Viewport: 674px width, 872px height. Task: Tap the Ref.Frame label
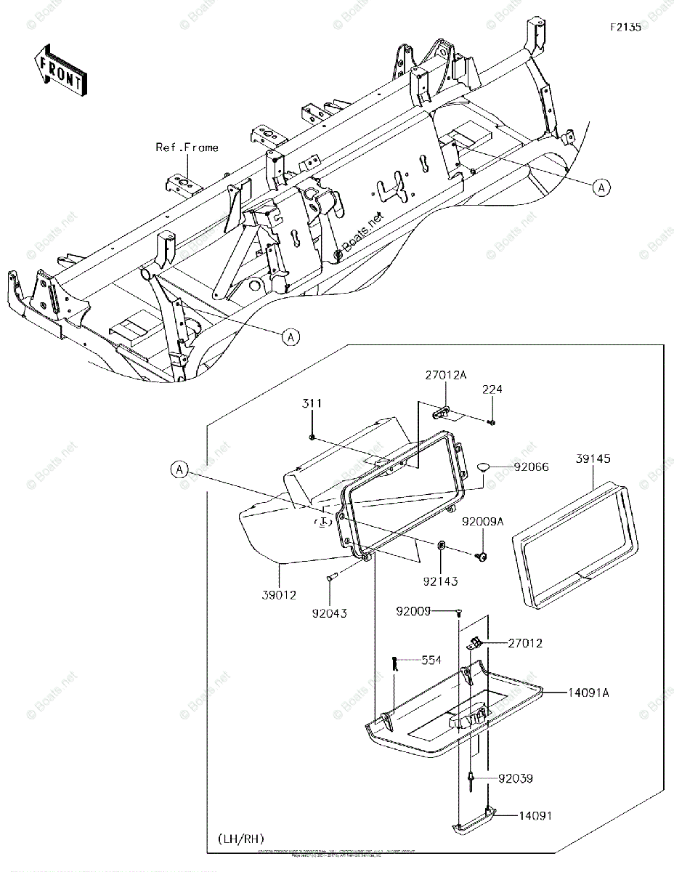187,148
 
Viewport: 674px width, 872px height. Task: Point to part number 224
492,390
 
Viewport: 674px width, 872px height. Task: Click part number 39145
594,459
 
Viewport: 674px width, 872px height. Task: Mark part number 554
431,661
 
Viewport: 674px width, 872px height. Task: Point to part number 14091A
588,693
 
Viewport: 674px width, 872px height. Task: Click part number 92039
515,778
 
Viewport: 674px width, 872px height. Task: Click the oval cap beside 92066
485,467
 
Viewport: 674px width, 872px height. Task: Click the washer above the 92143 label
441,545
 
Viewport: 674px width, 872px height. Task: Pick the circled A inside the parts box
180,470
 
